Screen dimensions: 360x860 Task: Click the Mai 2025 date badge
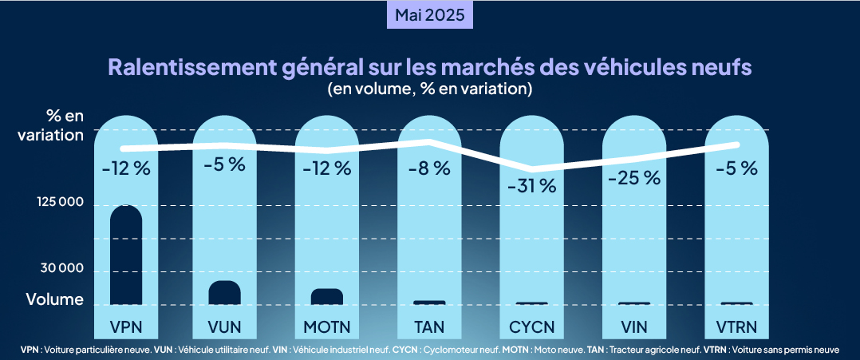coord(430,15)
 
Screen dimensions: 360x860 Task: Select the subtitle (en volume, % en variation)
coord(430,89)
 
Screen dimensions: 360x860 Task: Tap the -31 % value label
coord(531,186)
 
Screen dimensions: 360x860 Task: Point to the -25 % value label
coord(633,177)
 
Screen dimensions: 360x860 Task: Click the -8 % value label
coord(429,168)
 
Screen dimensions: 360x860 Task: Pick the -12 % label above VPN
coord(126,168)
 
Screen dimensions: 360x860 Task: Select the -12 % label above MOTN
coord(327,168)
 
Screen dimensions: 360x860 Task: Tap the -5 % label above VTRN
coord(736,168)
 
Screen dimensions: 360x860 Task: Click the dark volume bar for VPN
coord(126,255)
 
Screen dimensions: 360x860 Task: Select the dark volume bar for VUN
coord(225,293)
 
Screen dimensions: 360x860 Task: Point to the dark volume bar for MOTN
coord(327,296)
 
